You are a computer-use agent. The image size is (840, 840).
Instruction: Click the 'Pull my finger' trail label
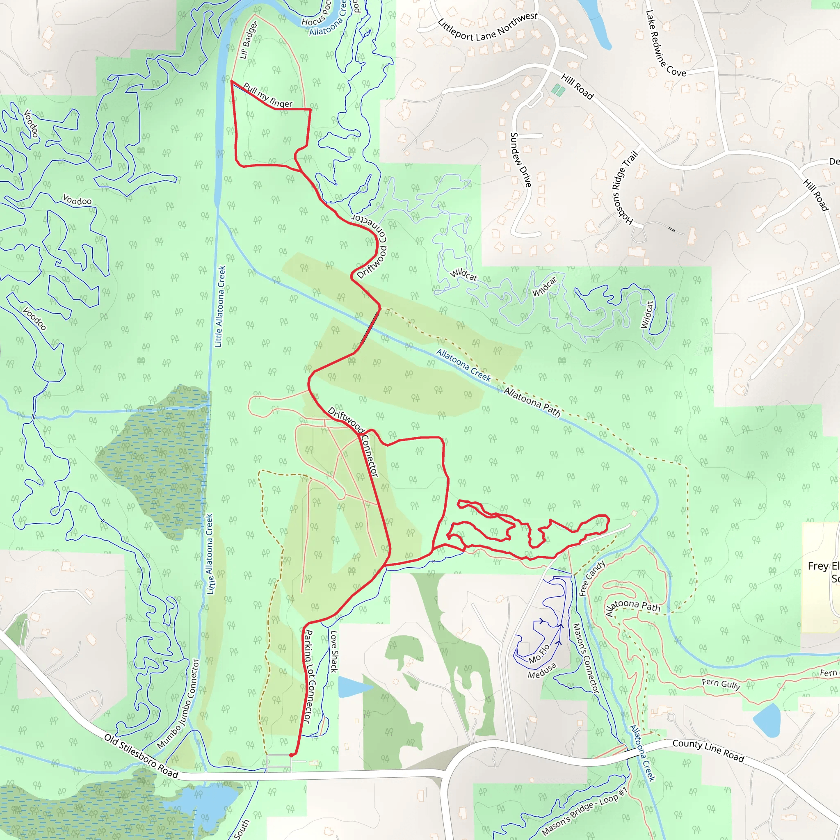268,95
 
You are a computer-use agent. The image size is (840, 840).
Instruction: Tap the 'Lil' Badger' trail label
248,40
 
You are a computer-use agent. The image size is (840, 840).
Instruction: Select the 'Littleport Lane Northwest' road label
487,28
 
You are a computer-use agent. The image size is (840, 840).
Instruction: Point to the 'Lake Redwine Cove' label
665,44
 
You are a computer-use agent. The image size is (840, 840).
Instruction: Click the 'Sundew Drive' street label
520,160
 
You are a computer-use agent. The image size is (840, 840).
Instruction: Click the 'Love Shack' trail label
334,651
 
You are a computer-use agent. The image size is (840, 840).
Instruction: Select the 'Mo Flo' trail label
539,653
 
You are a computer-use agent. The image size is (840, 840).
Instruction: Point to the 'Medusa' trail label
542,671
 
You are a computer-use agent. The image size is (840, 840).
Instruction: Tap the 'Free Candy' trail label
592,578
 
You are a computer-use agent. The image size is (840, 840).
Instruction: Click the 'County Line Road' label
708,750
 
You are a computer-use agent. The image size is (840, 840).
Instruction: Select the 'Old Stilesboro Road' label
142,756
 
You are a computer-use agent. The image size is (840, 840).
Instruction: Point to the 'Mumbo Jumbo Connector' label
178,704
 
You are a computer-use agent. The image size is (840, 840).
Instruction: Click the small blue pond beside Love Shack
352,687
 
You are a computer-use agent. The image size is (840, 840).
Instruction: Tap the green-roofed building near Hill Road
558,90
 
